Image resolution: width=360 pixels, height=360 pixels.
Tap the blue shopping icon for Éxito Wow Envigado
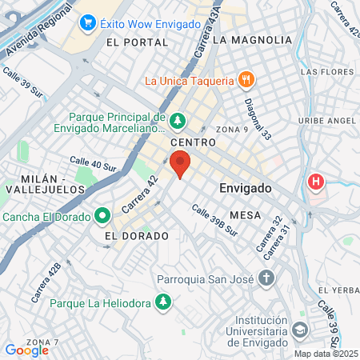pyautogui.click(x=88, y=24)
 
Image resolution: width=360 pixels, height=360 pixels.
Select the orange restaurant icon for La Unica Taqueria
pyautogui.click(x=246, y=79)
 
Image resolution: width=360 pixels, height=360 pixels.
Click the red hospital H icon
pyautogui.click(x=317, y=182)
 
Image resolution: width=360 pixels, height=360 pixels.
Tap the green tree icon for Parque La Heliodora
pyautogui.click(x=163, y=302)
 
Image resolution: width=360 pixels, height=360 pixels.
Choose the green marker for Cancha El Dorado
pyautogui.click(x=102, y=216)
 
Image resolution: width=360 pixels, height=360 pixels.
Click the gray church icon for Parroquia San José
pyautogui.click(x=266, y=278)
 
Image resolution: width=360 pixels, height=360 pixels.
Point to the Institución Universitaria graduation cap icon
pyautogui.click(x=299, y=330)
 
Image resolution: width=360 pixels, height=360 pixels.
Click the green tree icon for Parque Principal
pyautogui.click(x=178, y=122)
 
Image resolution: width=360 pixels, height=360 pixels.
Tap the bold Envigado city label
pyautogui.click(x=245, y=188)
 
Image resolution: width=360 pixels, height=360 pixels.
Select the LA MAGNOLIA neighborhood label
pyautogui.click(x=252, y=39)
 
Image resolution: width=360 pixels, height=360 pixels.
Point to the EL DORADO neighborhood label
pyautogui.click(x=137, y=236)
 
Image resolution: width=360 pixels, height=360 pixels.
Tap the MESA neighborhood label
pyautogui.click(x=245, y=215)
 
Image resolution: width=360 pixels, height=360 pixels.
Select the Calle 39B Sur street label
pyautogui.click(x=214, y=220)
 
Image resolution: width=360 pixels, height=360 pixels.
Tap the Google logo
pyautogui.click(x=27, y=350)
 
